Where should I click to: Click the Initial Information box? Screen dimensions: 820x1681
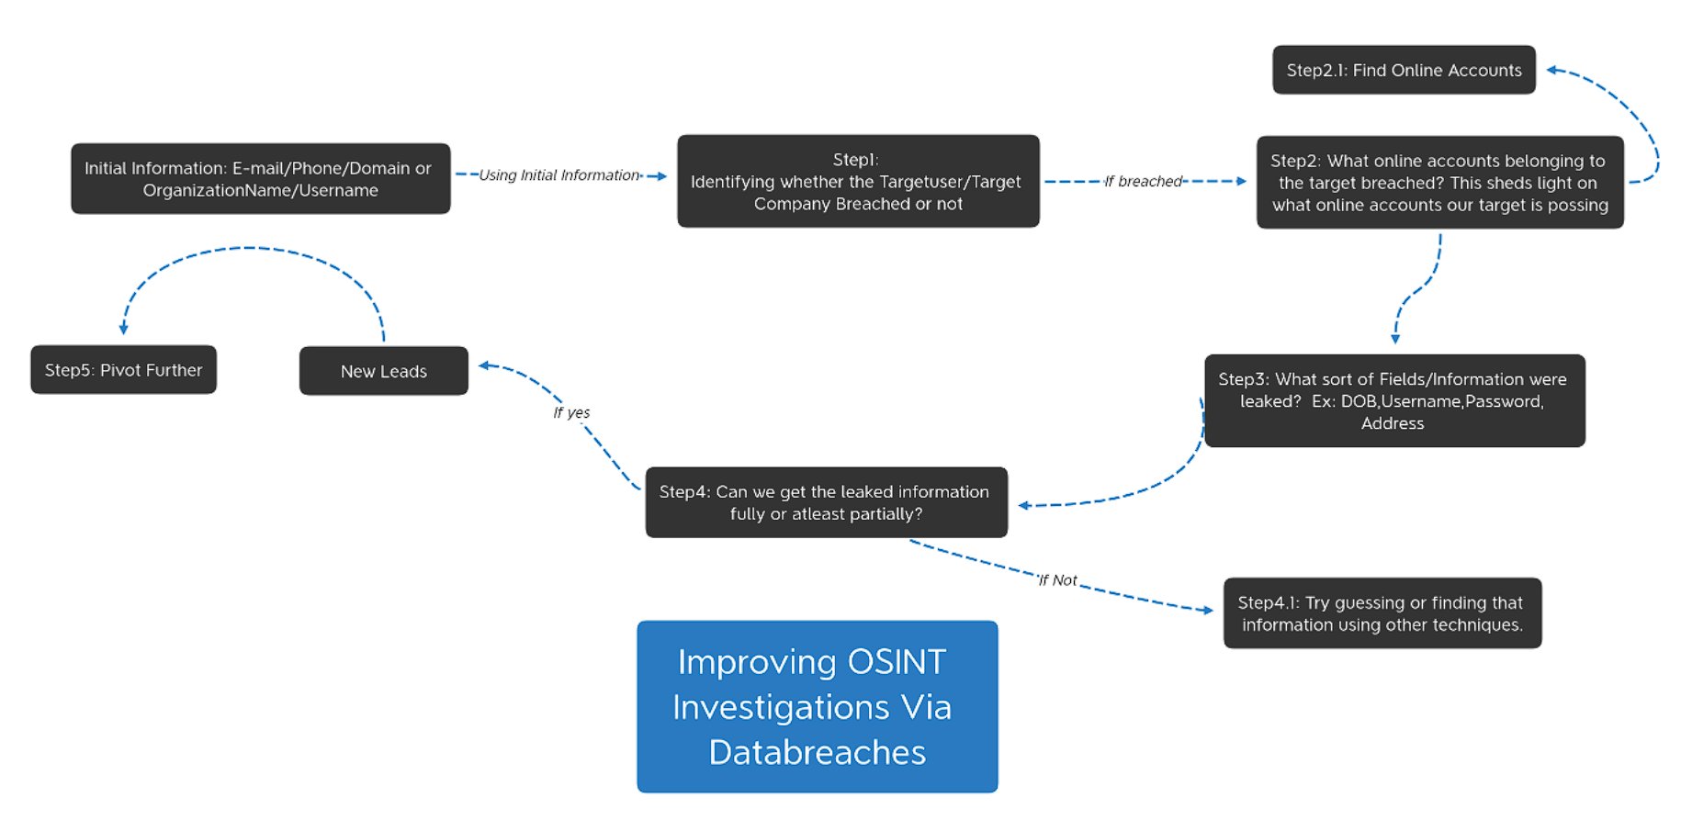[260, 179]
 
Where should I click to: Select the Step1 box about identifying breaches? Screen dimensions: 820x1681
[858, 182]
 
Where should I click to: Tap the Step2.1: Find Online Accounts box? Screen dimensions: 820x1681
[1403, 71]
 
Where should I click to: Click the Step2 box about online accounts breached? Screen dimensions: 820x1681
[1438, 183]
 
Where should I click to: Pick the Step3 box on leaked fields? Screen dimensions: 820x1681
[1393, 401]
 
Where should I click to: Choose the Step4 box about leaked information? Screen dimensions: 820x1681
[825, 503]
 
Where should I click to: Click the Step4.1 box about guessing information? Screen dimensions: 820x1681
[1382, 613]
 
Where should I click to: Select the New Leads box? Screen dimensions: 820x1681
[383, 371]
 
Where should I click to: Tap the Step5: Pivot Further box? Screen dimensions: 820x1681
[123, 370]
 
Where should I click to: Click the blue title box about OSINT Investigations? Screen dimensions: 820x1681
[817, 707]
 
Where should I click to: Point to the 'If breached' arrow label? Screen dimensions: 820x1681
[1143, 182]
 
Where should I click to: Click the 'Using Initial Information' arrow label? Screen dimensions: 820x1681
[558, 175]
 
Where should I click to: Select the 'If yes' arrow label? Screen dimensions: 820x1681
[571, 413]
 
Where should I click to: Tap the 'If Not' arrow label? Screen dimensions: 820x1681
[1056, 580]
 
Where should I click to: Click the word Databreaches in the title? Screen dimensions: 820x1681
[817, 753]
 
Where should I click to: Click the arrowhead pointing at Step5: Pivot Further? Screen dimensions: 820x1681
[123, 329]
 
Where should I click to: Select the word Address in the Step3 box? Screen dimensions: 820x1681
[1393, 424]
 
